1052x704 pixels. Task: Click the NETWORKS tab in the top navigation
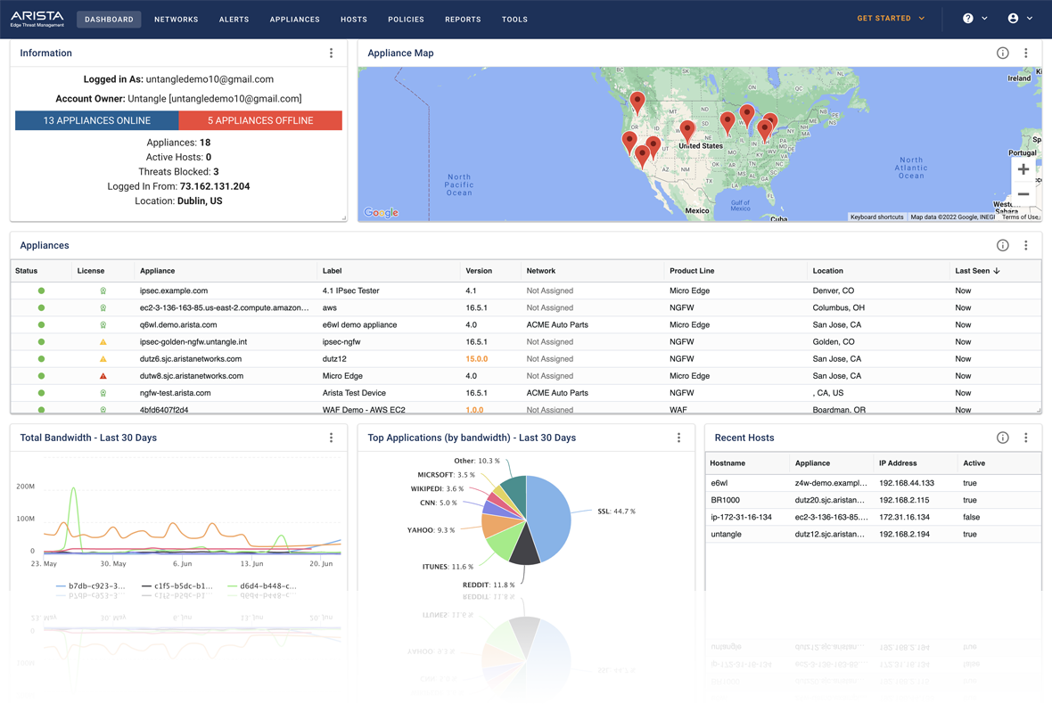pos(176,19)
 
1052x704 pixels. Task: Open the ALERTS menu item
pos(234,19)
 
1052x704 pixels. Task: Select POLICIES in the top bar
pos(406,19)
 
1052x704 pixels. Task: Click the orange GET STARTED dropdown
pos(891,19)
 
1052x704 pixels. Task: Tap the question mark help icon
pos(968,19)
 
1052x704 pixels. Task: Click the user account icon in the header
pos(1013,19)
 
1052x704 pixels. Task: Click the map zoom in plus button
pos(1023,169)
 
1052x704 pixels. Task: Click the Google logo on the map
pos(381,212)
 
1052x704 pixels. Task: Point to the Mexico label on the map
pos(697,211)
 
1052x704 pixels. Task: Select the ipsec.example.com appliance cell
pos(174,291)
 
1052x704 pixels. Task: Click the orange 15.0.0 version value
pos(476,359)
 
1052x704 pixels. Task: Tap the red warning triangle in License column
pos(103,376)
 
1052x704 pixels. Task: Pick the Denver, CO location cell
pos(834,291)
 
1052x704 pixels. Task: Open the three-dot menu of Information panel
pos(331,53)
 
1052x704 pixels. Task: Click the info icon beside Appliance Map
pos(1002,53)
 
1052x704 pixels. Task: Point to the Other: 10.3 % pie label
pos(476,461)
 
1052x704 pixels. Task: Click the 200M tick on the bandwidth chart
pos(26,487)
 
